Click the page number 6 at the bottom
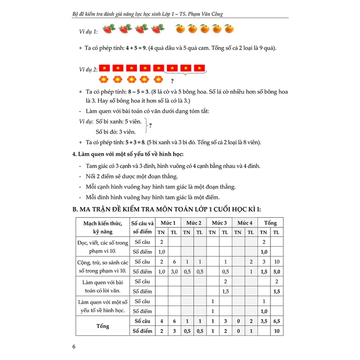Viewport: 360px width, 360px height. pyautogui.click(x=74, y=347)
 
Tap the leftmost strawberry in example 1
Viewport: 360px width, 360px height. pyautogui.click(x=107, y=30)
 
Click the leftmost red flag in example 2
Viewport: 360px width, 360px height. pyautogui.click(x=104, y=68)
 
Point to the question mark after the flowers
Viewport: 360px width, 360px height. pyautogui.click(x=172, y=81)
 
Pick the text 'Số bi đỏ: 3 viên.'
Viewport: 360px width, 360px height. pyautogui.click(x=116, y=132)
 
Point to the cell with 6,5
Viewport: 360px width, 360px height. pyautogui.click(x=276, y=321)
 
